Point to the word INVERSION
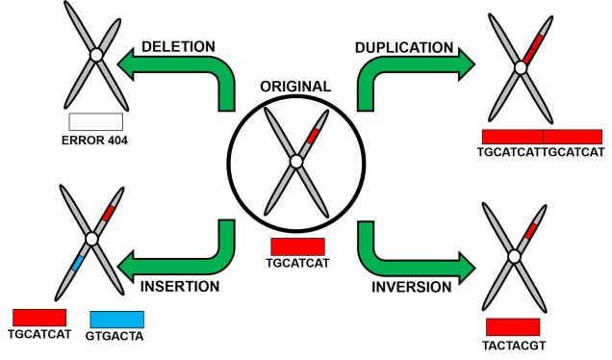pyautogui.click(x=412, y=286)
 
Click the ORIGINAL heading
pyautogui.click(x=295, y=86)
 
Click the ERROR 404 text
pyautogui.click(x=95, y=141)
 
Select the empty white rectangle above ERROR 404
pyautogui.click(x=95, y=122)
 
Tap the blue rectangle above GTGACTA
pyautogui.click(x=116, y=318)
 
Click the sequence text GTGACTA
pyautogui.click(x=116, y=336)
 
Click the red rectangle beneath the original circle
pyautogui.click(x=297, y=245)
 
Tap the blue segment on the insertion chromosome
pyautogui.click(x=78, y=260)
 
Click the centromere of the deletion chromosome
pyautogui.click(x=95, y=57)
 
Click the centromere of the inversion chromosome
pyautogui.click(x=514, y=257)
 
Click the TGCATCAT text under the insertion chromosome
pyautogui.click(x=38, y=336)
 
